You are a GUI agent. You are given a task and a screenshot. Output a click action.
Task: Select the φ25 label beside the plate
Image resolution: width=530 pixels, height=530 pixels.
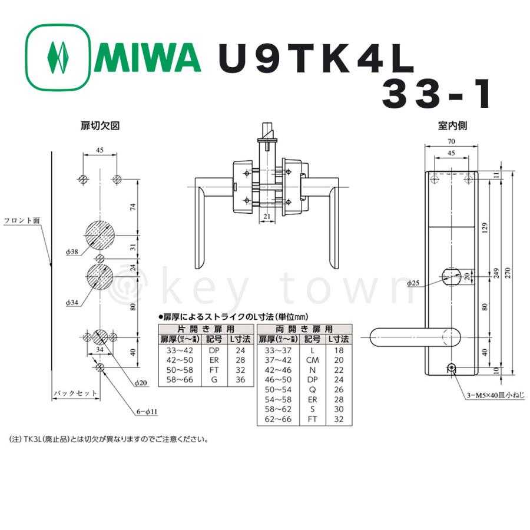(x=415, y=283)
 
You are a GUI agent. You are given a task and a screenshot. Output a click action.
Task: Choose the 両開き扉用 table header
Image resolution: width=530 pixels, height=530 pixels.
(x=303, y=329)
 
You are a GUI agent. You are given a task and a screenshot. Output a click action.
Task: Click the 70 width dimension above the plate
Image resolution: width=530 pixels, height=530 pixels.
(x=451, y=142)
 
